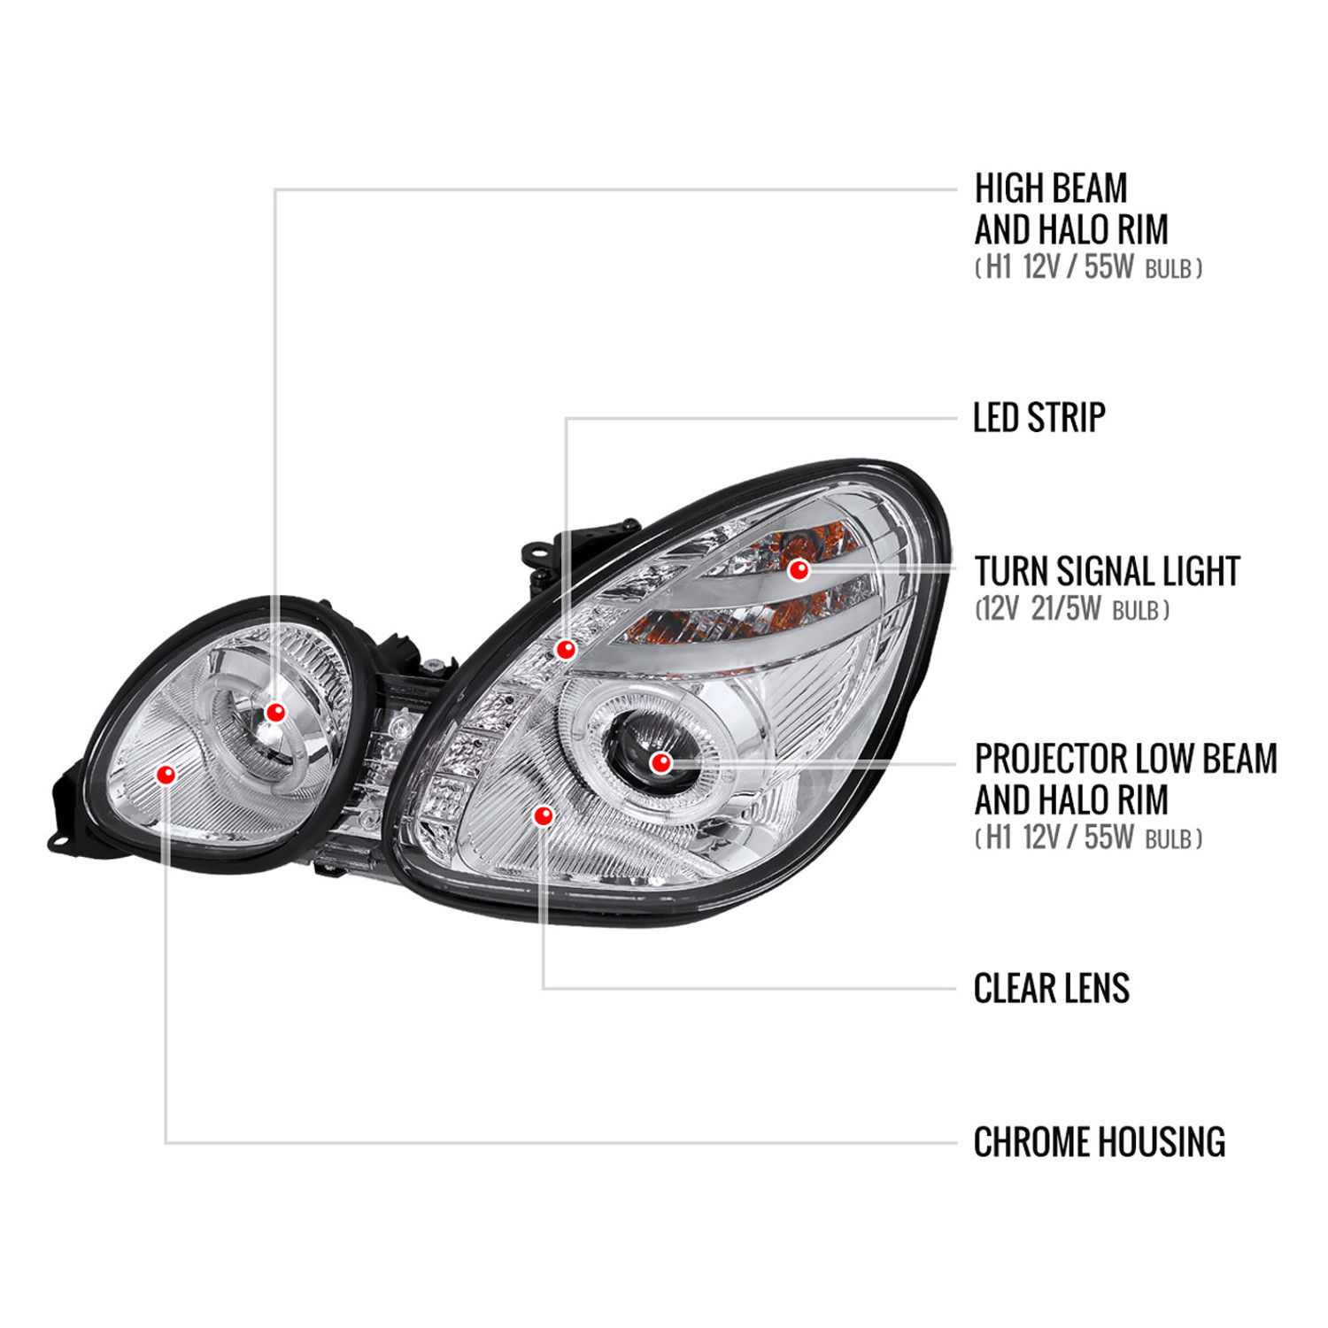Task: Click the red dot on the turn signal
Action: (799, 569)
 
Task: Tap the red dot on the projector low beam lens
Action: (660, 762)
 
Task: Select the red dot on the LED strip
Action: (566, 650)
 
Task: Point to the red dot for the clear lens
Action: (544, 815)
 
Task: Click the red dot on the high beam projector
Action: (275, 712)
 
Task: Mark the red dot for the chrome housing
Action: (166, 775)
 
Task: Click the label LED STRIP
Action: (1039, 418)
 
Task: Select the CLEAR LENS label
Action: (1052, 988)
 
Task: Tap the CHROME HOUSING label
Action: (1100, 1142)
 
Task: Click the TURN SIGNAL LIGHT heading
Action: (1108, 571)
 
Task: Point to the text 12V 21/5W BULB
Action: (1072, 609)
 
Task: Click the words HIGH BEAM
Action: (1051, 188)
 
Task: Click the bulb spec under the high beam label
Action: (1088, 266)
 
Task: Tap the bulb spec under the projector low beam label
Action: (1088, 837)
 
